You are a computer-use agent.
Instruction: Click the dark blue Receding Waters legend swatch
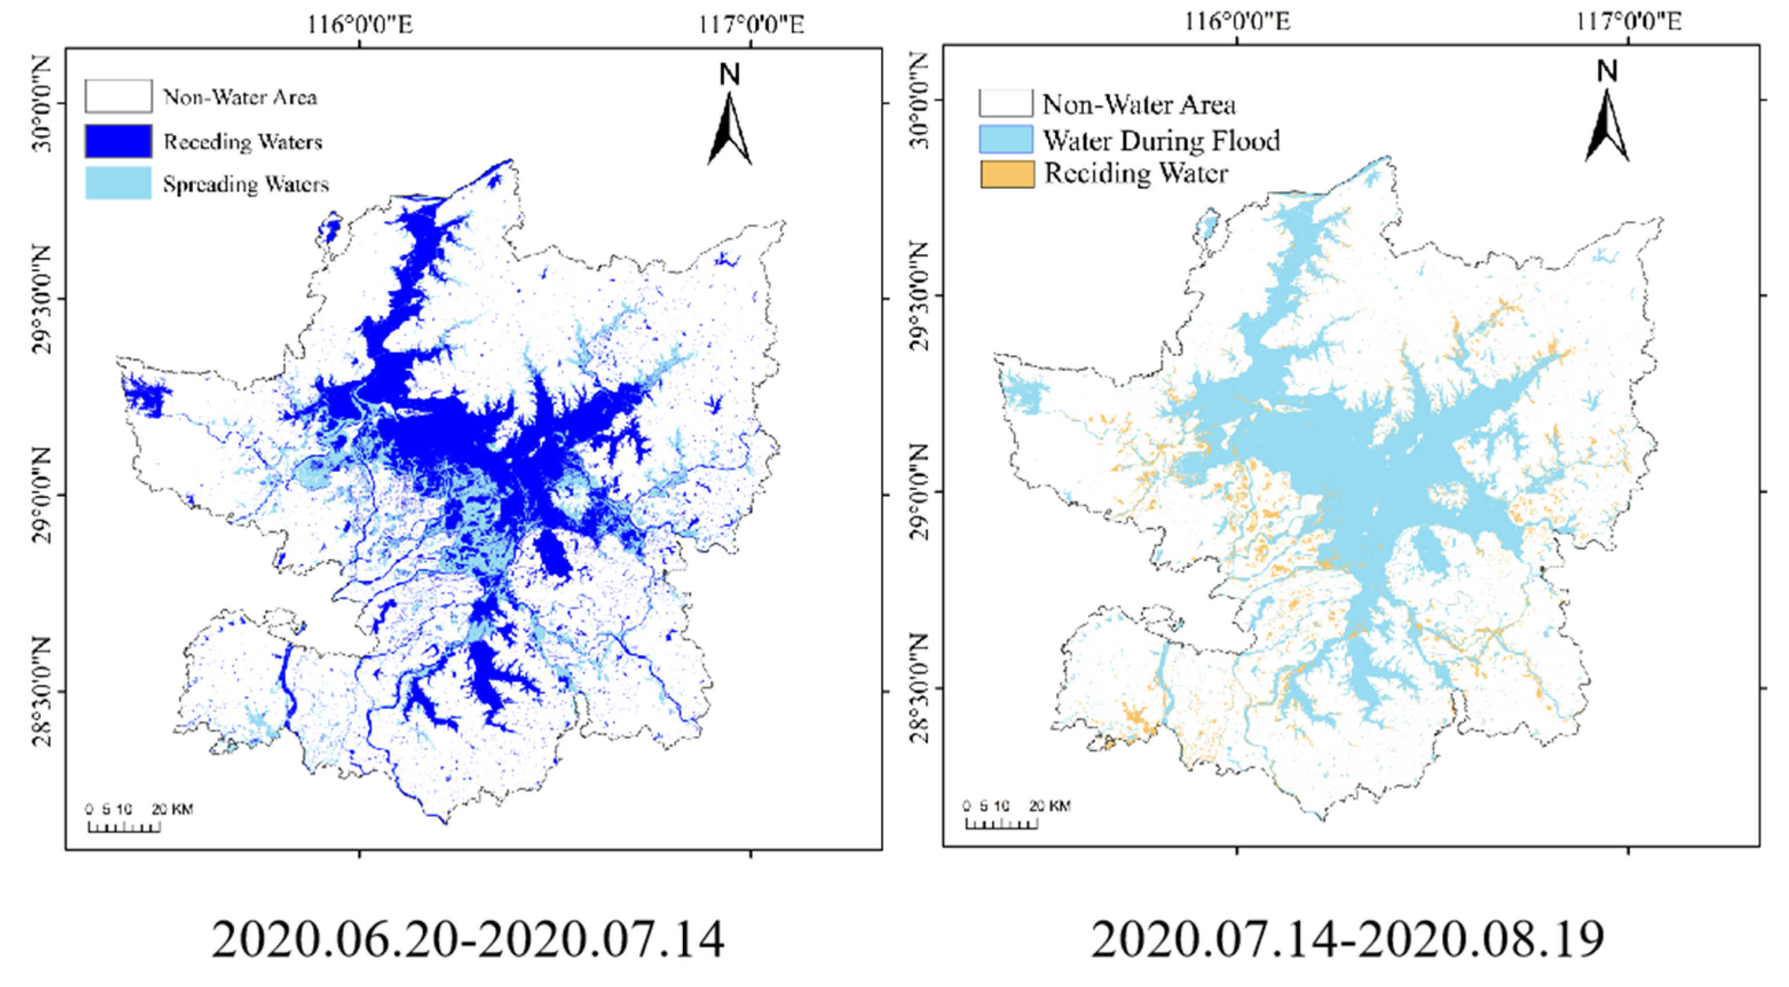[x=118, y=141]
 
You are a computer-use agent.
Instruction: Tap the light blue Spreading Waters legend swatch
[x=118, y=183]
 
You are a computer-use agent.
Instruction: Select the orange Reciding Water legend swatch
[x=1006, y=173]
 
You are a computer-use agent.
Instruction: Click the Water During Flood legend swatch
[x=1006, y=139]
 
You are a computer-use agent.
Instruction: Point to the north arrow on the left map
[x=729, y=130]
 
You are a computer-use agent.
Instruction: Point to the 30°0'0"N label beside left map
[x=42, y=104]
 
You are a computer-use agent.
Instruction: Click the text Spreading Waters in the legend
[x=245, y=184]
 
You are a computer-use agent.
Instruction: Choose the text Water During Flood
[x=1161, y=140]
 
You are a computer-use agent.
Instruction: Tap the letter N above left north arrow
[x=729, y=74]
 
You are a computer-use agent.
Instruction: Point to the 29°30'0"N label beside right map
[x=919, y=297]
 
